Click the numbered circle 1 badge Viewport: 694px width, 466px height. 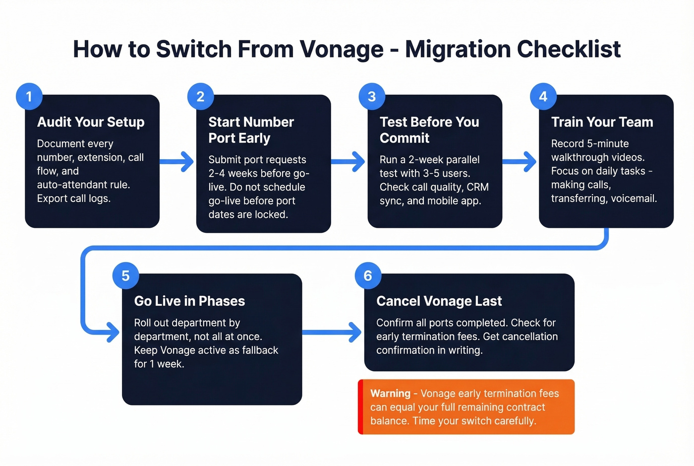tap(29, 96)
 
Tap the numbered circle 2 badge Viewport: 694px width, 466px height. tap(200, 96)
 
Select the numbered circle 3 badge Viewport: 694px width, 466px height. tap(372, 96)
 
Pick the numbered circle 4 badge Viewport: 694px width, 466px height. tap(543, 96)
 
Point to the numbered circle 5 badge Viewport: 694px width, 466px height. tap(125, 275)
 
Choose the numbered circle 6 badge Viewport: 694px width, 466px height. tap(368, 275)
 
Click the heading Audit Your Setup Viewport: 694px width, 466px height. tap(91, 122)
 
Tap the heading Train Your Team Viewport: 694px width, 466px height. tap(602, 122)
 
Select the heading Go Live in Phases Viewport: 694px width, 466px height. tap(189, 301)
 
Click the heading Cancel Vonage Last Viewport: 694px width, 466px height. tap(439, 301)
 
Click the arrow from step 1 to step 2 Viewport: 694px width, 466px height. tap(177, 161)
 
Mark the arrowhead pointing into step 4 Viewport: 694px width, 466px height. tap(530, 161)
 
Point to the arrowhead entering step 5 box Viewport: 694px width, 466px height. tap(113, 332)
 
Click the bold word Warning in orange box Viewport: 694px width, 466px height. tap(390, 394)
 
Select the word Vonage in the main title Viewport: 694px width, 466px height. tap(342, 49)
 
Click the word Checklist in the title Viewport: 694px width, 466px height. tap(568, 49)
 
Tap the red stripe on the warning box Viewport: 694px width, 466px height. tap(361, 407)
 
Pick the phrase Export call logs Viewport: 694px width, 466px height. tap(74, 199)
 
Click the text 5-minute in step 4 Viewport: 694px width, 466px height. tap(608, 143)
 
